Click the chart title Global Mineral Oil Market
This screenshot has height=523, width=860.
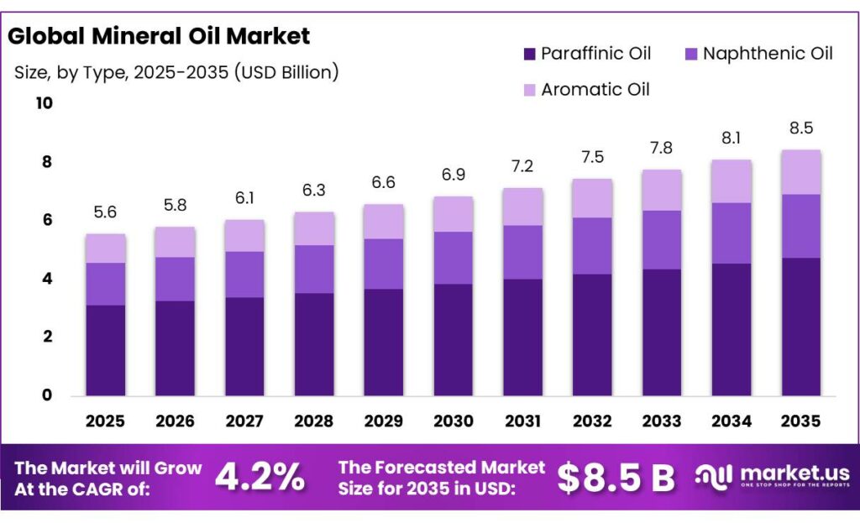click(x=159, y=36)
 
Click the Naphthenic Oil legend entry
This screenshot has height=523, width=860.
click(x=756, y=54)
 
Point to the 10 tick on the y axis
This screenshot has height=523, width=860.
click(x=43, y=103)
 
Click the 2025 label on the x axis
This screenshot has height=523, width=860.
click(x=105, y=421)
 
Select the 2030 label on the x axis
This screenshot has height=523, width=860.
click(x=453, y=421)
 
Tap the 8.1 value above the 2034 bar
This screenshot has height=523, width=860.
click(x=731, y=139)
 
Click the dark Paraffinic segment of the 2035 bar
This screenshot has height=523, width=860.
click(x=800, y=327)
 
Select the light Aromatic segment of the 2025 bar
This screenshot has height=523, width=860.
click(x=105, y=248)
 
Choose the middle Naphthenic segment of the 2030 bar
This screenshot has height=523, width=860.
click(x=453, y=258)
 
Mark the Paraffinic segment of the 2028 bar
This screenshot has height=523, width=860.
click(x=313, y=344)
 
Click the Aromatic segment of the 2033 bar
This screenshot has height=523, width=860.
click(x=661, y=190)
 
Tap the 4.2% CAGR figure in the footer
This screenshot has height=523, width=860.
click(x=260, y=478)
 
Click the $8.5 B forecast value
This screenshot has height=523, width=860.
click(x=616, y=478)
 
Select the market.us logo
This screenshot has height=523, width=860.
click(x=772, y=477)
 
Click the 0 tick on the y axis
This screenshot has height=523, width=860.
click(x=47, y=395)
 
